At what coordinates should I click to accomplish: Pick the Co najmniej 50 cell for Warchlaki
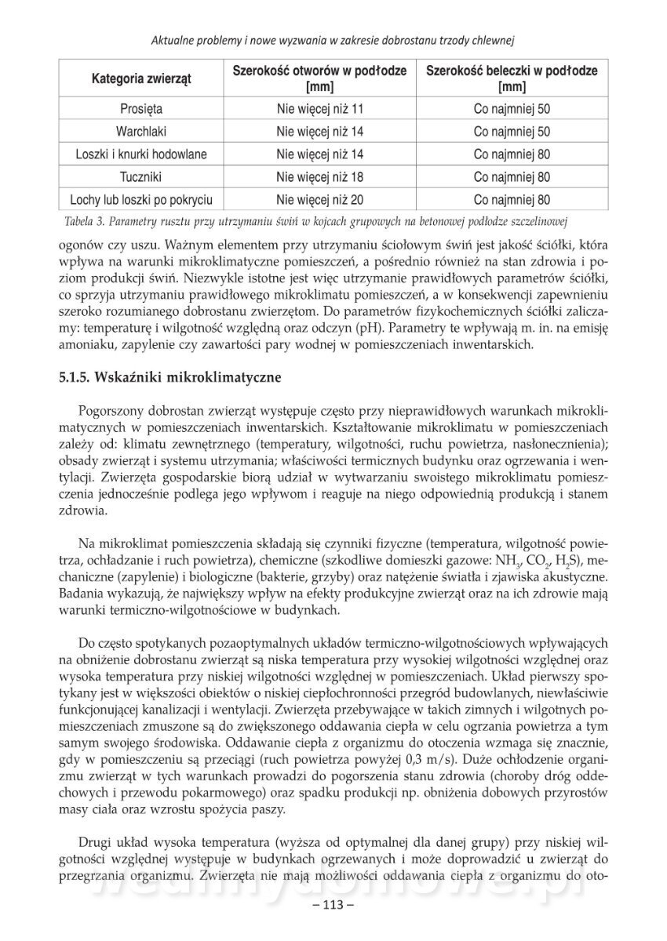[x=512, y=132]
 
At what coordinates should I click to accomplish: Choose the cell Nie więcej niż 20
[x=320, y=200]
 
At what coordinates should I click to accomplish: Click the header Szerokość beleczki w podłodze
[x=512, y=71]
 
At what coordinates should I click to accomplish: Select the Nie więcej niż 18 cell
[x=320, y=177]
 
